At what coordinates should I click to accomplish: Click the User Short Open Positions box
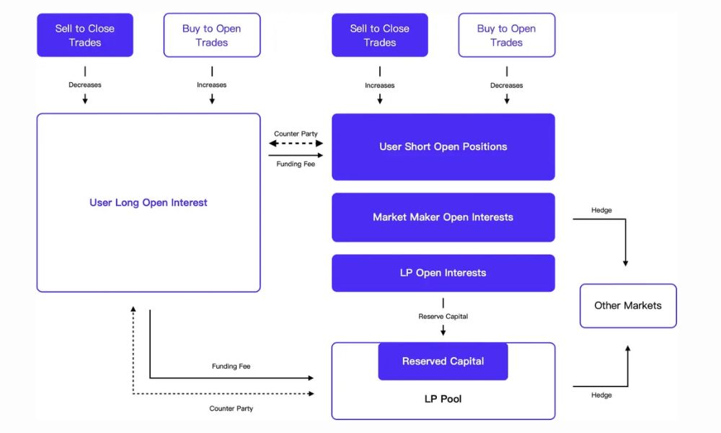(443, 146)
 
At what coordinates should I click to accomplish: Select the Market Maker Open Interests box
(443, 217)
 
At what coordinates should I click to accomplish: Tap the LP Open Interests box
(443, 273)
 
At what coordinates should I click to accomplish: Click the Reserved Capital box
(443, 362)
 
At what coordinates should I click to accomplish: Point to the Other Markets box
(628, 306)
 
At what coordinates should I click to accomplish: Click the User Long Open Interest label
(149, 203)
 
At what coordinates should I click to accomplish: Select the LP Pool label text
(443, 399)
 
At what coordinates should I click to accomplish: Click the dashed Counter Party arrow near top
(296, 144)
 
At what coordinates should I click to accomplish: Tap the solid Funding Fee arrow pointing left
(296, 154)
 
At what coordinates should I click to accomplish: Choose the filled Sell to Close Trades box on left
(85, 35)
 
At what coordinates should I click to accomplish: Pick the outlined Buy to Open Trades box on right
(506, 35)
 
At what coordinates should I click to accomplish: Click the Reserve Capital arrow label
(443, 316)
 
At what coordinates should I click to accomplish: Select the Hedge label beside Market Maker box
(601, 210)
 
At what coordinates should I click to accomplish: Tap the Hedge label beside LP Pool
(601, 395)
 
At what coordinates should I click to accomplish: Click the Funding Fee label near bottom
(231, 367)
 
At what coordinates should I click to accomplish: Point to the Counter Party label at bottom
(231, 408)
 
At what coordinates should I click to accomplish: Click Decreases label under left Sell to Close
(85, 85)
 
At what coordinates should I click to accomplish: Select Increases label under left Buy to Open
(211, 85)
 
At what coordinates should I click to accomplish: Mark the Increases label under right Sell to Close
(379, 85)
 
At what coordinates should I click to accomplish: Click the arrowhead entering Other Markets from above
(626, 263)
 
